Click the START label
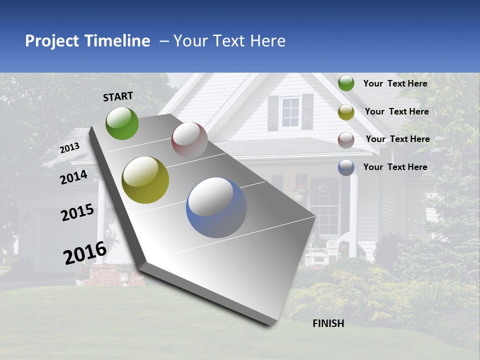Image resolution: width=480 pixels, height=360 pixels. tap(118, 96)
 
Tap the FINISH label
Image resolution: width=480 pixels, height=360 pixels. tap(328, 323)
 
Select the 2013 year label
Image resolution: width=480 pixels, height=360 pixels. tap(70, 148)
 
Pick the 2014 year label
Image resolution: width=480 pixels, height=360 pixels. tap(74, 177)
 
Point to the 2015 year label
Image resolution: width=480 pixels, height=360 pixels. tap(77, 212)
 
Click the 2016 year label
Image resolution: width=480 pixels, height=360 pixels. tap(85, 253)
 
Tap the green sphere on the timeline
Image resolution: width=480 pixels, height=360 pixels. tap(122, 123)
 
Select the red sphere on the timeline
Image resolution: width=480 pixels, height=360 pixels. tap(189, 140)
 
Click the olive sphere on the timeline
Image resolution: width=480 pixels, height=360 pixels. tap(145, 180)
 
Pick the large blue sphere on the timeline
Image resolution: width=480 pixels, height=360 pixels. tap(216, 207)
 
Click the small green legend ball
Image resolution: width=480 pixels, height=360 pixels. tap(346, 83)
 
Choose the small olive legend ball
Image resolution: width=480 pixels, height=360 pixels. tap(346, 112)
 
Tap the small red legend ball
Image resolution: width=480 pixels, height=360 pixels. tap(346, 140)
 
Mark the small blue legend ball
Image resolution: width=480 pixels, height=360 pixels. tap(346, 167)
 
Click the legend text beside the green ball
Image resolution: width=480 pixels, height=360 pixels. tap(395, 83)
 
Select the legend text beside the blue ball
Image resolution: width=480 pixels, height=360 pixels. tap(395, 167)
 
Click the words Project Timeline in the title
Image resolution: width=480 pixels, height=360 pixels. tap(87, 41)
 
